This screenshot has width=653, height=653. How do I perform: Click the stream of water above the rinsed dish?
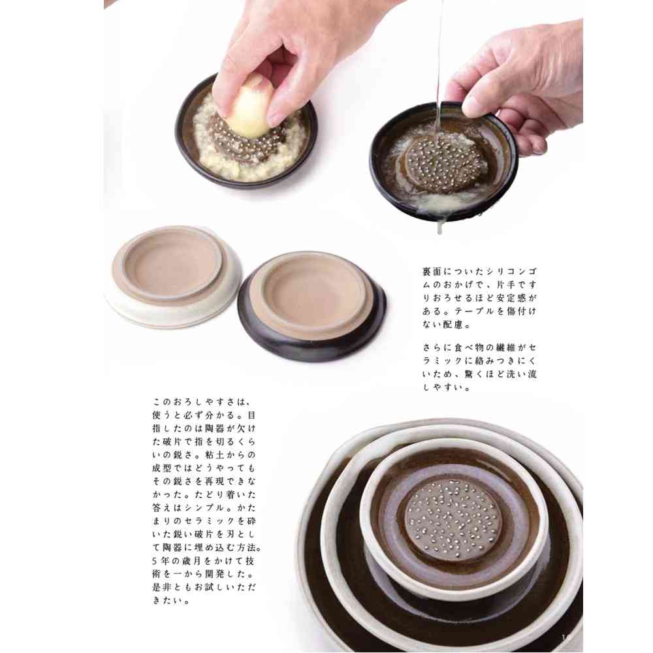click(x=439, y=63)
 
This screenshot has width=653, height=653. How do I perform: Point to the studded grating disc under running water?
click(x=445, y=165)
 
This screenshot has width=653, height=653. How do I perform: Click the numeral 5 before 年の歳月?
click(x=155, y=561)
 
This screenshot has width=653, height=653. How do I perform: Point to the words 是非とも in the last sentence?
click(x=173, y=588)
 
